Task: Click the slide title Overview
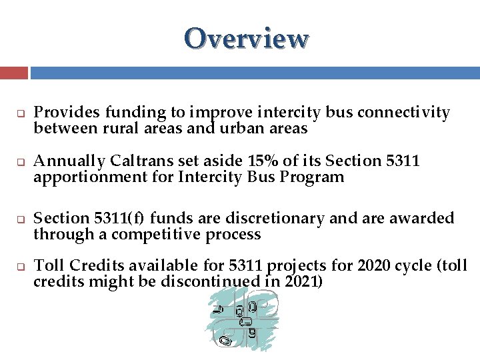point(247,39)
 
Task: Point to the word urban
point(241,129)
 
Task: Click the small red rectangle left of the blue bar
point(14,73)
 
